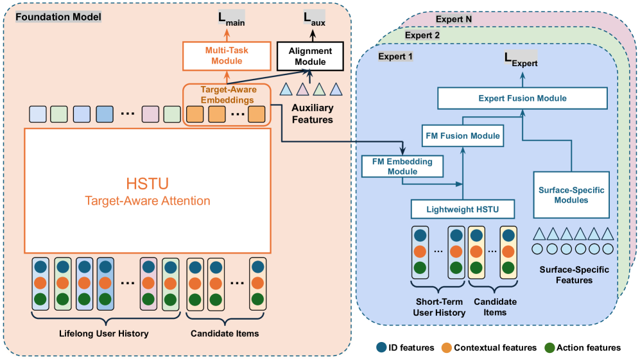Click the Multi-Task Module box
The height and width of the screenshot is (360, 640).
coord(218,55)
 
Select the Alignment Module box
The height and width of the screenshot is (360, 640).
coord(309,56)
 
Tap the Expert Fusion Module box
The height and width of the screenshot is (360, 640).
coord(522,99)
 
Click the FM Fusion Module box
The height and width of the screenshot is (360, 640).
coord(462,136)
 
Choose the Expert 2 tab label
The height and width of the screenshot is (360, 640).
coord(422,36)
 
